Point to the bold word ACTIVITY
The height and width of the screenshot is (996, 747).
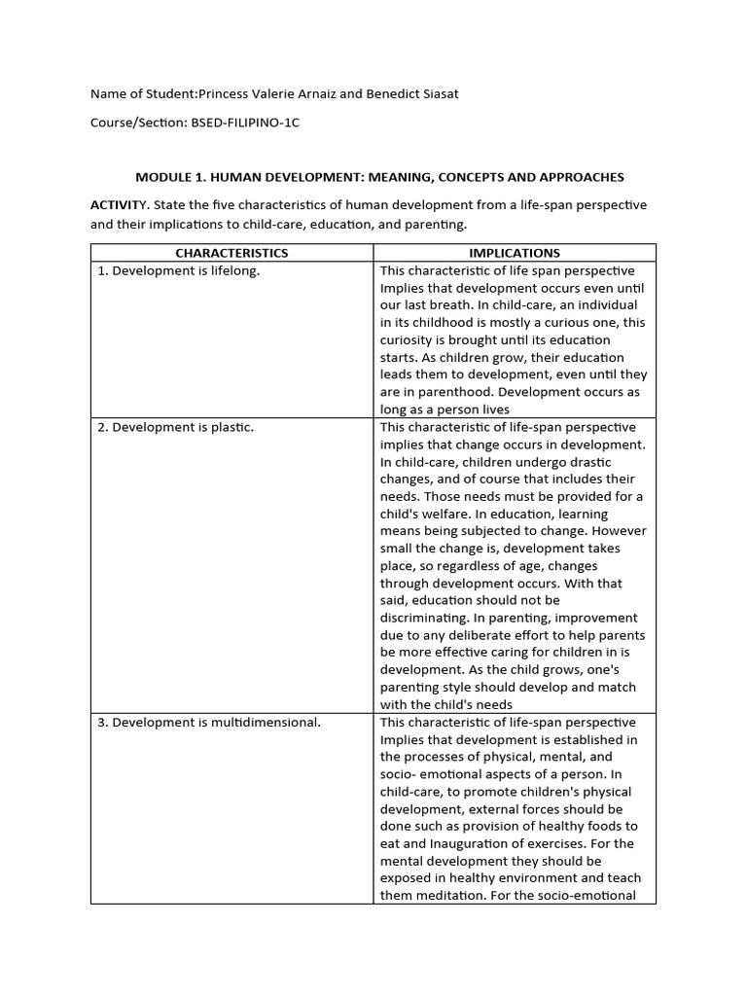(x=119, y=205)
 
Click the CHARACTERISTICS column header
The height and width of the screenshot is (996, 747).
(x=231, y=253)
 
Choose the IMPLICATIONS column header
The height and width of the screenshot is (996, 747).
(x=515, y=253)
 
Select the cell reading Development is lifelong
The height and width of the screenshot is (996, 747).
(x=179, y=270)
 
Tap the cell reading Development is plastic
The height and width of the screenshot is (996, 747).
(x=175, y=427)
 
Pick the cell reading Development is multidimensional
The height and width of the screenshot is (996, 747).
(x=209, y=722)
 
